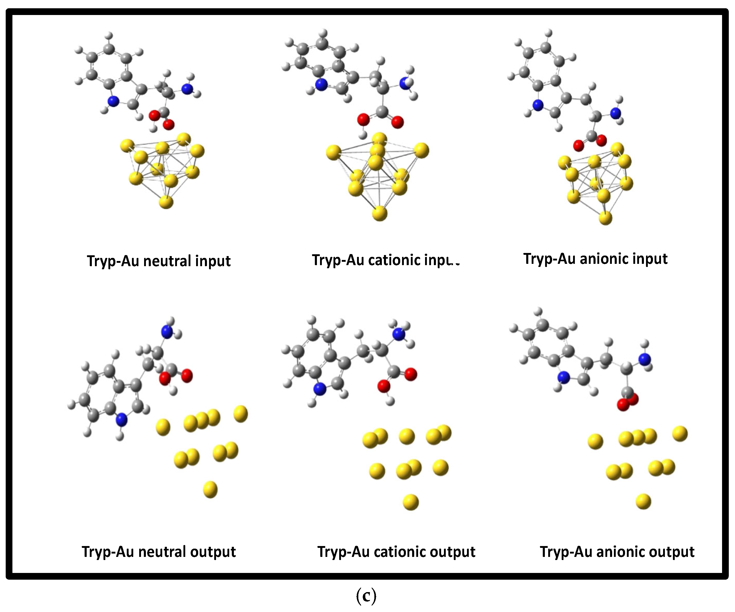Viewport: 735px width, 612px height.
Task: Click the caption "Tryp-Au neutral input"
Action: click(x=159, y=261)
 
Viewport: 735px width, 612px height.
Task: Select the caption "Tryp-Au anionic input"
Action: click(x=595, y=259)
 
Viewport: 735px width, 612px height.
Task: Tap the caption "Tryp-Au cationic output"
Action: click(x=396, y=552)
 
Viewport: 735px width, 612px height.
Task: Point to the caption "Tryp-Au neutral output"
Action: click(x=159, y=552)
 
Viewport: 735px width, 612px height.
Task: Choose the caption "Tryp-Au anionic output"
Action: click(x=617, y=552)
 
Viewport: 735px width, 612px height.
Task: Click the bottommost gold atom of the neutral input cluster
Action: click(x=166, y=202)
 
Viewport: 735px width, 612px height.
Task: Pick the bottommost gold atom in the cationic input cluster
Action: click(x=379, y=213)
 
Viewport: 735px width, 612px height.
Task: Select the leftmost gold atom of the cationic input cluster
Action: click(x=333, y=153)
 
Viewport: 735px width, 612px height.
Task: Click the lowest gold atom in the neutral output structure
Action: click(x=210, y=489)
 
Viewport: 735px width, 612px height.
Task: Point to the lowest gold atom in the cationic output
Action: click(x=411, y=502)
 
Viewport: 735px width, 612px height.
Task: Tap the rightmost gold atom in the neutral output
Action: click(x=240, y=414)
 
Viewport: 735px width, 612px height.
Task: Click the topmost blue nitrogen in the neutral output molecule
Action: click(x=167, y=332)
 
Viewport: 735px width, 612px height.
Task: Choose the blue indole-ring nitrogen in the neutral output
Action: click(x=121, y=420)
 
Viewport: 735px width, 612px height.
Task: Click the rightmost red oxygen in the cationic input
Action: click(x=397, y=122)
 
